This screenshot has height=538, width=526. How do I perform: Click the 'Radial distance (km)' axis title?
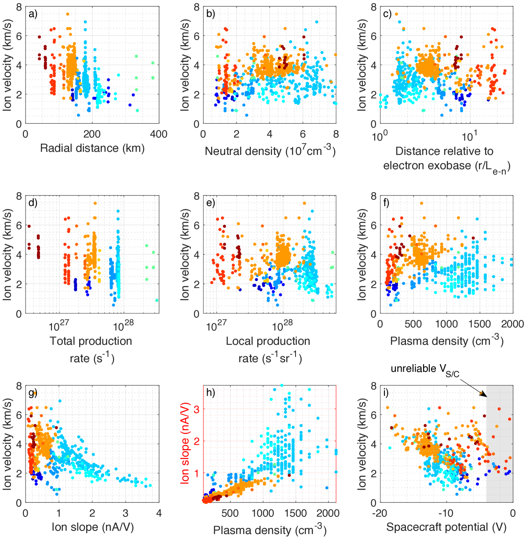[92, 148]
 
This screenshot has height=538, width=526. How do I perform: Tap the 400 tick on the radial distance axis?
[159, 134]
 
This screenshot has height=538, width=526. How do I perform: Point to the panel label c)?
[387, 14]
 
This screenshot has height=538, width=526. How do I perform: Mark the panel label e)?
[210, 203]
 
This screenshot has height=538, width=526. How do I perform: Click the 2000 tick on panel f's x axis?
[513, 324]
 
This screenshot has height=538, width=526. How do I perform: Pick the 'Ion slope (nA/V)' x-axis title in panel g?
[92, 527]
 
